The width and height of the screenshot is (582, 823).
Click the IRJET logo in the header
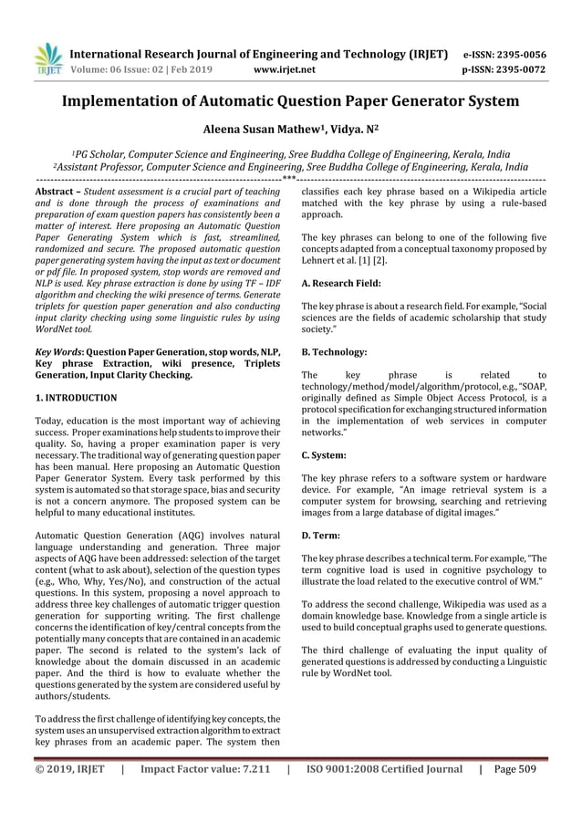coord(47,57)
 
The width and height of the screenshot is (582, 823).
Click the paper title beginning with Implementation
coord(290,100)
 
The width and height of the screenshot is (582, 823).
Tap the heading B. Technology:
coord(335,351)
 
